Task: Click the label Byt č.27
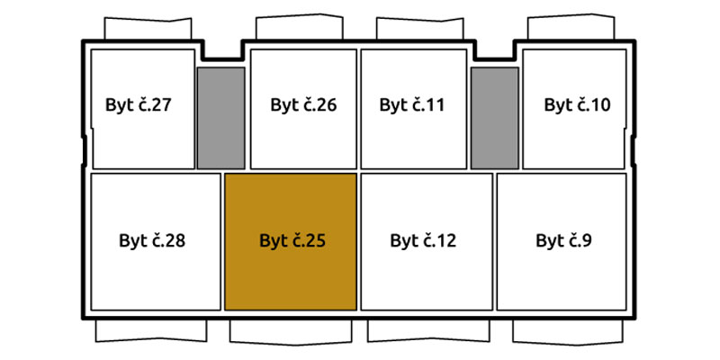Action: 139,104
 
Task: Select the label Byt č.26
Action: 303,104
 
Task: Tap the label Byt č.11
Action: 412,104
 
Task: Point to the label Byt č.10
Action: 577,104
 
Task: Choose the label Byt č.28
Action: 152,240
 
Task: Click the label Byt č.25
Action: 292,240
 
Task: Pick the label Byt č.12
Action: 423,240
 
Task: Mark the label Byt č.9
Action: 563,240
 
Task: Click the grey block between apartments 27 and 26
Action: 220,119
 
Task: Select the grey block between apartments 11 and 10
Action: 494,119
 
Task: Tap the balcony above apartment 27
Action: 148,29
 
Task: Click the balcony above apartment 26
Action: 300,27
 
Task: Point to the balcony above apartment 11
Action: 420,28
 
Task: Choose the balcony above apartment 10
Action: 571,27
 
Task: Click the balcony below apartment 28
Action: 151,330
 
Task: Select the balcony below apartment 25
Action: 291,331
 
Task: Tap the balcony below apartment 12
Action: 428,330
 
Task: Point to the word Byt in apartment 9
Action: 551,241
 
